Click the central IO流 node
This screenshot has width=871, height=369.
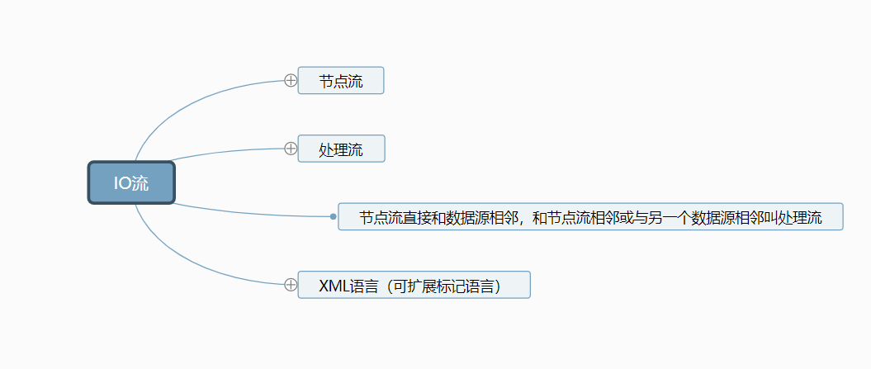click(131, 182)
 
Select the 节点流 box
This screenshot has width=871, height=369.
click(340, 81)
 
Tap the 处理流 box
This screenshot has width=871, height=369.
click(340, 149)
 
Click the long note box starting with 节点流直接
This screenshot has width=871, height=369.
click(590, 217)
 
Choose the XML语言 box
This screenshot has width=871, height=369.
click(413, 285)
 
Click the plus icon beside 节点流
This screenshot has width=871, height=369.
click(291, 80)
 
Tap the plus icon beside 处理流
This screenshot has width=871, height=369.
click(291, 149)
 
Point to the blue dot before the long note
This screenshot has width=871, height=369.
click(333, 217)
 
